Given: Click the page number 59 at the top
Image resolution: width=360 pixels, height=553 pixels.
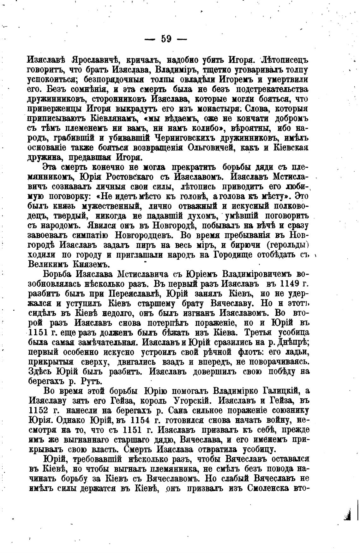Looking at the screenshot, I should pos(166,39).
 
